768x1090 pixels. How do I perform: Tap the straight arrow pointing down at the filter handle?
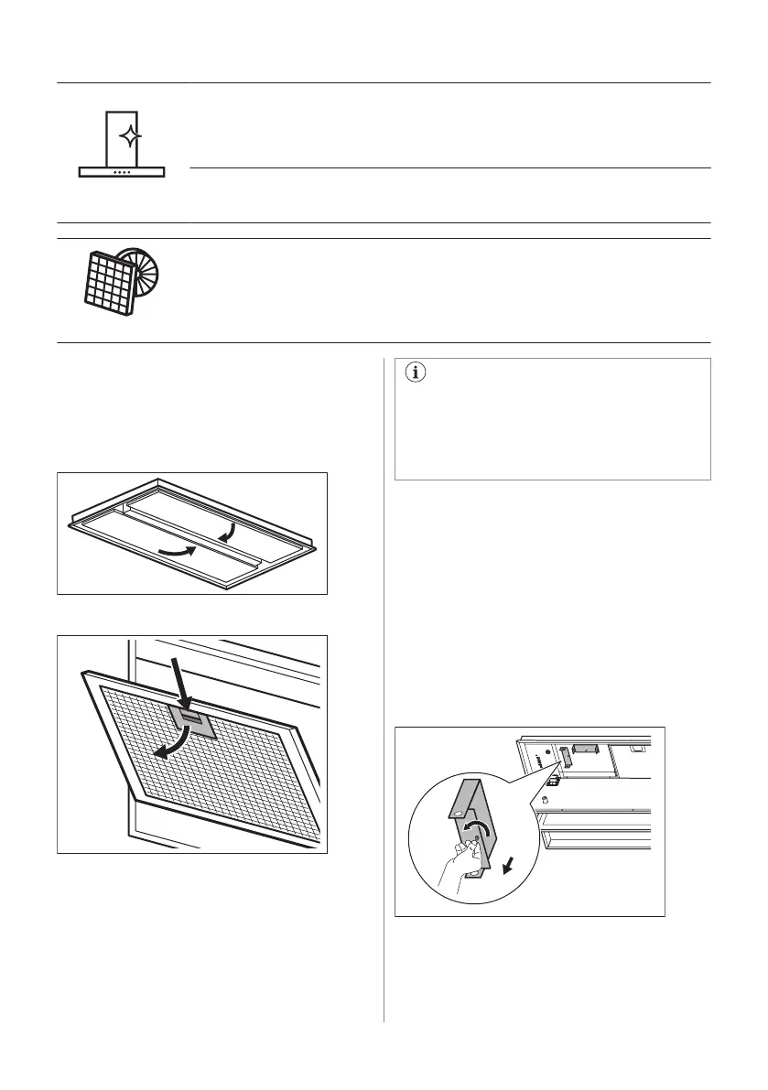[x=179, y=675]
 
